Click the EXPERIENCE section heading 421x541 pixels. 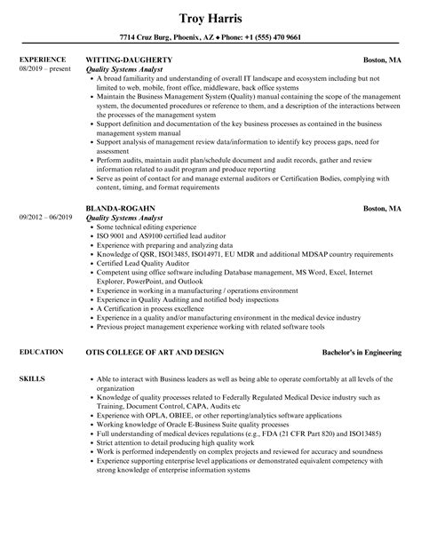coord(43,60)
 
